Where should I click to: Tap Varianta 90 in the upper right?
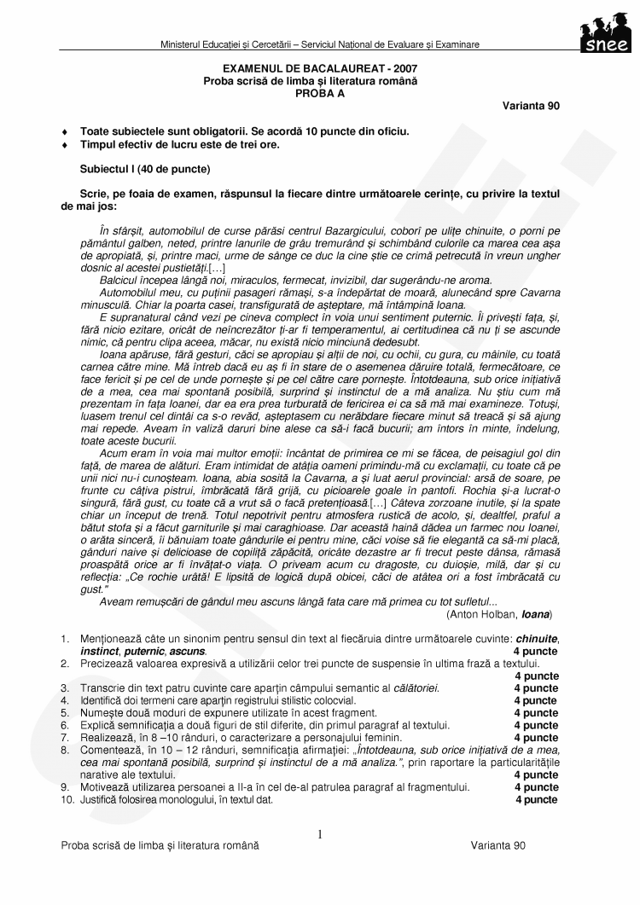click(531, 107)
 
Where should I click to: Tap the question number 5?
click(65, 712)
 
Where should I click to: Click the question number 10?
click(67, 799)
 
